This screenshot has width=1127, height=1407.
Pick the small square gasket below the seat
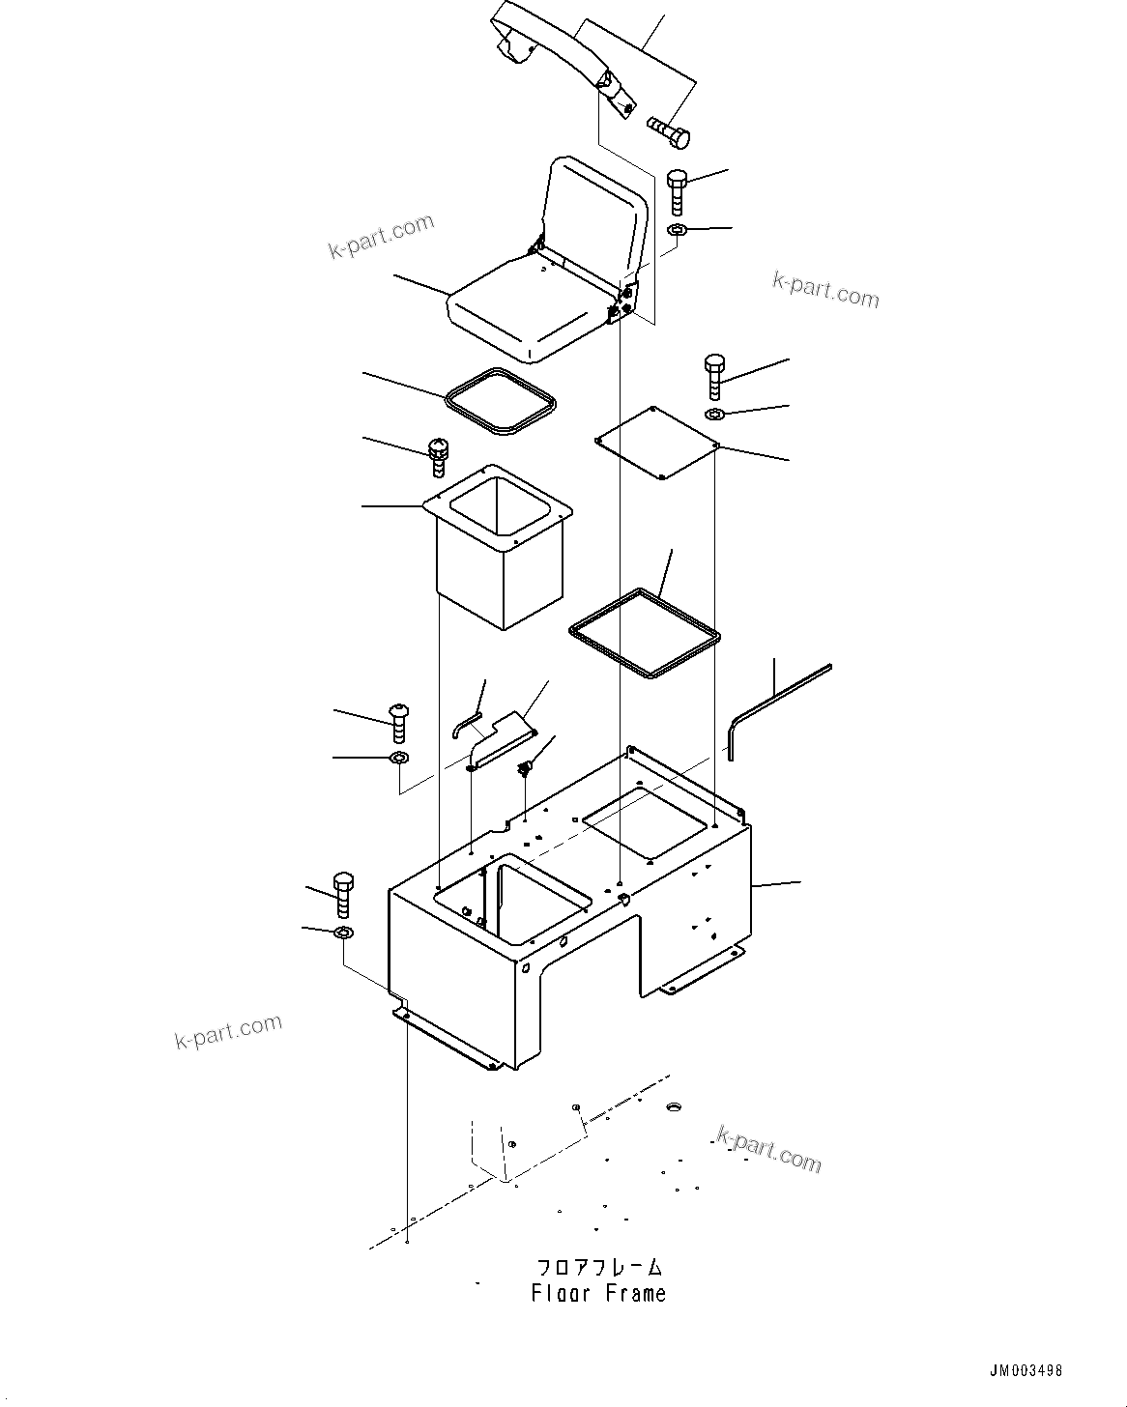(x=502, y=400)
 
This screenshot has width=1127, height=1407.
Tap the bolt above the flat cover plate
(x=714, y=377)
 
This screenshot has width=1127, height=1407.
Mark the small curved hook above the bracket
(x=467, y=721)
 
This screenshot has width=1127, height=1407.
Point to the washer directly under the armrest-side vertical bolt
(x=678, y=230)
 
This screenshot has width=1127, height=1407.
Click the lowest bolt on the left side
(x=343, y=894)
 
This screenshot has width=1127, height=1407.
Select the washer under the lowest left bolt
(x=343, y=933)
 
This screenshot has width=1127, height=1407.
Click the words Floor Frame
(x=598, y=1293)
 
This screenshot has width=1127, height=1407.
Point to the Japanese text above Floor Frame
(x=599, y=1267)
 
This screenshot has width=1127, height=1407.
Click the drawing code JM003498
(x=1026, y=1370)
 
